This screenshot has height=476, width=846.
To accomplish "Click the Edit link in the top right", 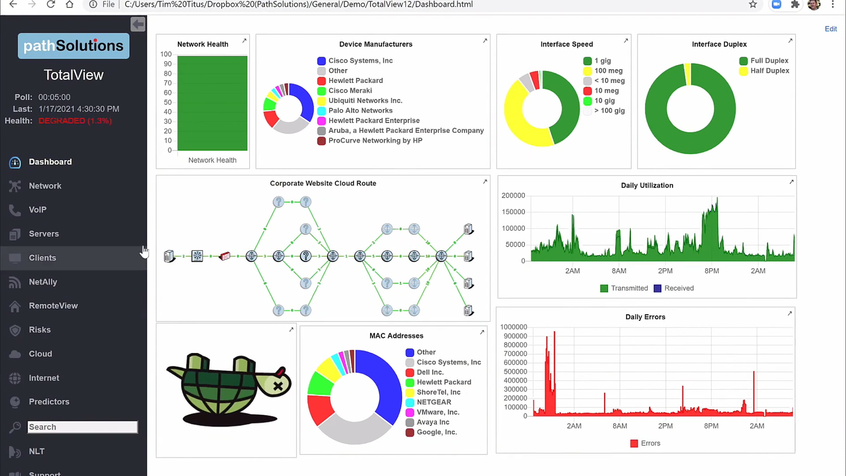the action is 830,29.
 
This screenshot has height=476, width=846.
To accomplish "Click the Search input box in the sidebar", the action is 82,427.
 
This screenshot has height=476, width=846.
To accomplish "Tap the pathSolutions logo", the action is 74,46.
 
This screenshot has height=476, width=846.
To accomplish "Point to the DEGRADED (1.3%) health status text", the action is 75,121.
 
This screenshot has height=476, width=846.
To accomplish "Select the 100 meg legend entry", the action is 603,71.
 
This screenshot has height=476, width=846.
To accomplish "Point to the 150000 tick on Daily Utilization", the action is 513,212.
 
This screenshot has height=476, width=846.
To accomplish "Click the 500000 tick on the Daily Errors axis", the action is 515,372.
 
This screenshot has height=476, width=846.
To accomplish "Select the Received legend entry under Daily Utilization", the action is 674,288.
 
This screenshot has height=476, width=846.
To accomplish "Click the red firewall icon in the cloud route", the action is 225,256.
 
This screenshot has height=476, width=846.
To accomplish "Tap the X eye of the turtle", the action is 278,386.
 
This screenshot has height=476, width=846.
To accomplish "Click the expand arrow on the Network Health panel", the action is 244,41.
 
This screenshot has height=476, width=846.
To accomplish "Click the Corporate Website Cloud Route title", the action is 323,183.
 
